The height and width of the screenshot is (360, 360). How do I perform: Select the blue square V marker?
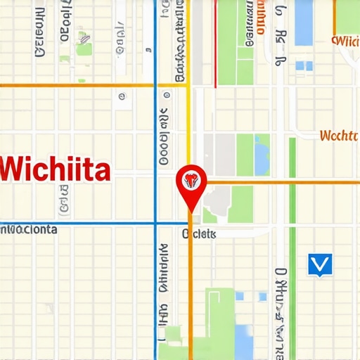pyautogui.click(x=319, y=264)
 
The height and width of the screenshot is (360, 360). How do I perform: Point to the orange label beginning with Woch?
pyautogui.click(x=339, y=135)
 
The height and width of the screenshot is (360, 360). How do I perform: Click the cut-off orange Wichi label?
pyautogui.click(x=346, y=40)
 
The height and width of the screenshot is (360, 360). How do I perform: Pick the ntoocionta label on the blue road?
pyautogui.click(x=30, y=229)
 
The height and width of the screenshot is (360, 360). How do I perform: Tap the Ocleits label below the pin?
pyautogui.click(x=199, y=234)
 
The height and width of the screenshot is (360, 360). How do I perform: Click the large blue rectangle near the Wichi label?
pyautogui.click(x=303, y=22)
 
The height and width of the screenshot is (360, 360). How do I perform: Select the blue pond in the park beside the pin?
pyautogui.click(x=262, y=155)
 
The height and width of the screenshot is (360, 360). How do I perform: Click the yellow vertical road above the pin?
pyautogui.click(x=188, y=105)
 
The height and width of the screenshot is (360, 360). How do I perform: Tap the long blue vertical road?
pyautogui.click(x=155, y=141)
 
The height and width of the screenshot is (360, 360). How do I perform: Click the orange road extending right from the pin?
pyautogui.click(x=281, y=182)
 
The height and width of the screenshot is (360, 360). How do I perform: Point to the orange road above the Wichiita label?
pyautogui.click(x=77, y=85)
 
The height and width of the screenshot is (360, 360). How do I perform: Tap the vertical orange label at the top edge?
pyautogui.click(x=261, y=18)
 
